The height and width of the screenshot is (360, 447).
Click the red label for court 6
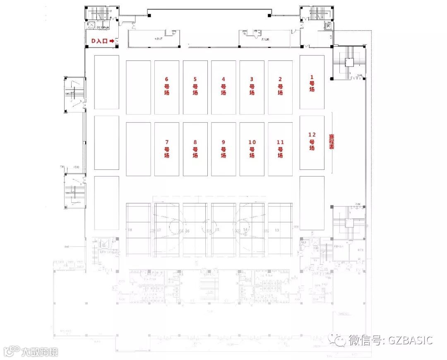pos(167,86)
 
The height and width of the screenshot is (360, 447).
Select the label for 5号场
pos(195,86)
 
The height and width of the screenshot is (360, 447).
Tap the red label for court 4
pos(223,86)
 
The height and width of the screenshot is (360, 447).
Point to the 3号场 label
pos(252,86)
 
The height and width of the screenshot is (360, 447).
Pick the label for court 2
pos(280,86)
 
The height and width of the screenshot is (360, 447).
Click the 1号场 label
pos(312,83)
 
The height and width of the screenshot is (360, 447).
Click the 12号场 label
pos(312,141)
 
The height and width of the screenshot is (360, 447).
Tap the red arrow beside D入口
pos(112,41)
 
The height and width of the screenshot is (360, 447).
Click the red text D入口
pos(99,41)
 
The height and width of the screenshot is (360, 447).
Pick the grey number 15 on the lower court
pos(217,230)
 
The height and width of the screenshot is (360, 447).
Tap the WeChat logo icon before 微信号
pos(341,340)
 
